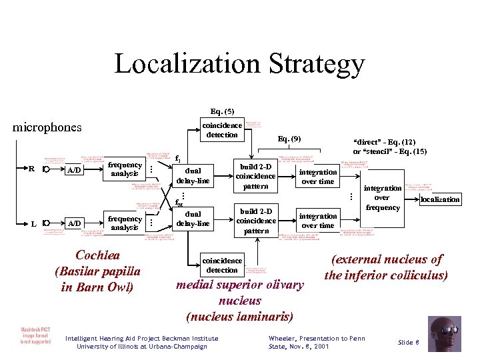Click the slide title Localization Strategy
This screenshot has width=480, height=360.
239,65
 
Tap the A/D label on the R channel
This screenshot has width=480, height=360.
73,170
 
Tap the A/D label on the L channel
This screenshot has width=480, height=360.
73,223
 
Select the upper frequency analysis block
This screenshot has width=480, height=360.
125,169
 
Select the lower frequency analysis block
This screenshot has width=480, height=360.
125,223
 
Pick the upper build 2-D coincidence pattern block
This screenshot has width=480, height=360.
255,176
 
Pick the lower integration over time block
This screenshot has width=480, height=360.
318,221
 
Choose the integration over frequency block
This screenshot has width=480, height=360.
382,198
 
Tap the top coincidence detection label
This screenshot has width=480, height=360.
222,130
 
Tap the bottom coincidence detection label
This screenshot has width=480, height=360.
222,265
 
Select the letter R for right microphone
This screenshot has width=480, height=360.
31,169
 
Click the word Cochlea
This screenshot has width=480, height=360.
98,256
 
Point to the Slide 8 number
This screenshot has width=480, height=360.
408,342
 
